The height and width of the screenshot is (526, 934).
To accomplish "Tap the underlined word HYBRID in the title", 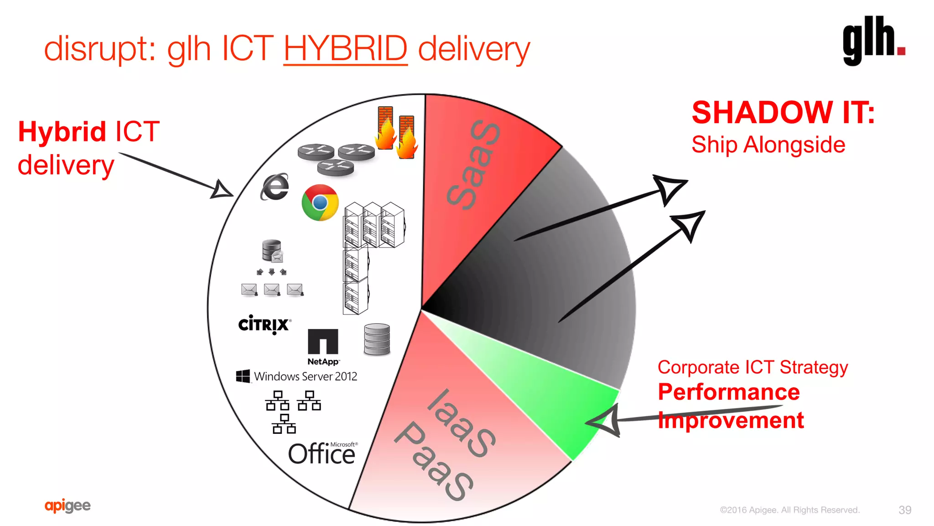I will [345, 48].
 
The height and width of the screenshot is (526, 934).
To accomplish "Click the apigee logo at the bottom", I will [67, 505].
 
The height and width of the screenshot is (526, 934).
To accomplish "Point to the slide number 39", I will [905, 510].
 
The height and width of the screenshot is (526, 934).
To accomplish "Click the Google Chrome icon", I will [320, 203].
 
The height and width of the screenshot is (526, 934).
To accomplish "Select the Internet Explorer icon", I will [275, 187].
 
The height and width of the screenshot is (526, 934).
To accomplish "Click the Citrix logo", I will [264, 324].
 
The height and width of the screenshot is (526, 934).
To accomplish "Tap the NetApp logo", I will [323, 347].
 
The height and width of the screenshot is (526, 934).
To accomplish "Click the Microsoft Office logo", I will [322, 453].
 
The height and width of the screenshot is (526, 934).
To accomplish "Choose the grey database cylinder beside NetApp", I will [377, 339].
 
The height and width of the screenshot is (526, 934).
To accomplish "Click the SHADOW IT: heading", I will [783, 112].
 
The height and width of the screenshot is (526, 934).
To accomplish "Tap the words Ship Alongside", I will [768, 145].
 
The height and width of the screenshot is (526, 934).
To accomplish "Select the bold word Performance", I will [728, 392].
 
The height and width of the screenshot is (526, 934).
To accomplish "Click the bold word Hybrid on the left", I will [62, 132].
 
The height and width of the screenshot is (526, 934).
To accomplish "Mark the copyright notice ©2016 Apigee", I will [789, 510].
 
